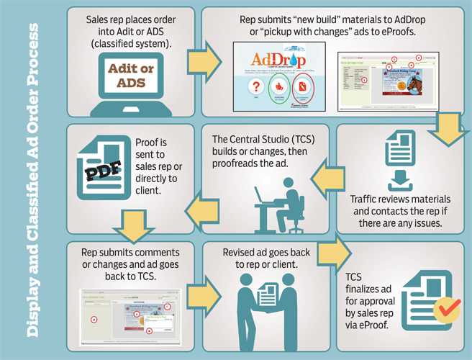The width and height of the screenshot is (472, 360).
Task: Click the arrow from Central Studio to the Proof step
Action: (x=198, y=210)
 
